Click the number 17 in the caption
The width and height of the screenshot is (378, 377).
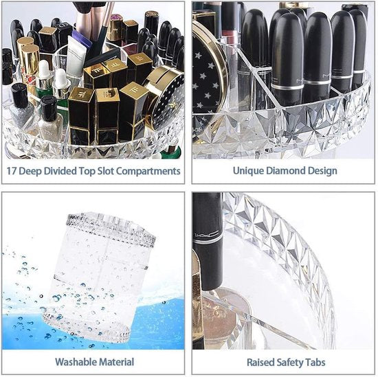14,171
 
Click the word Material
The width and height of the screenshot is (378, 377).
115,362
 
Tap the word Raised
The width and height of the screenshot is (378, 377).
262,362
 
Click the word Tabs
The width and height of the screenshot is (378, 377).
317,362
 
